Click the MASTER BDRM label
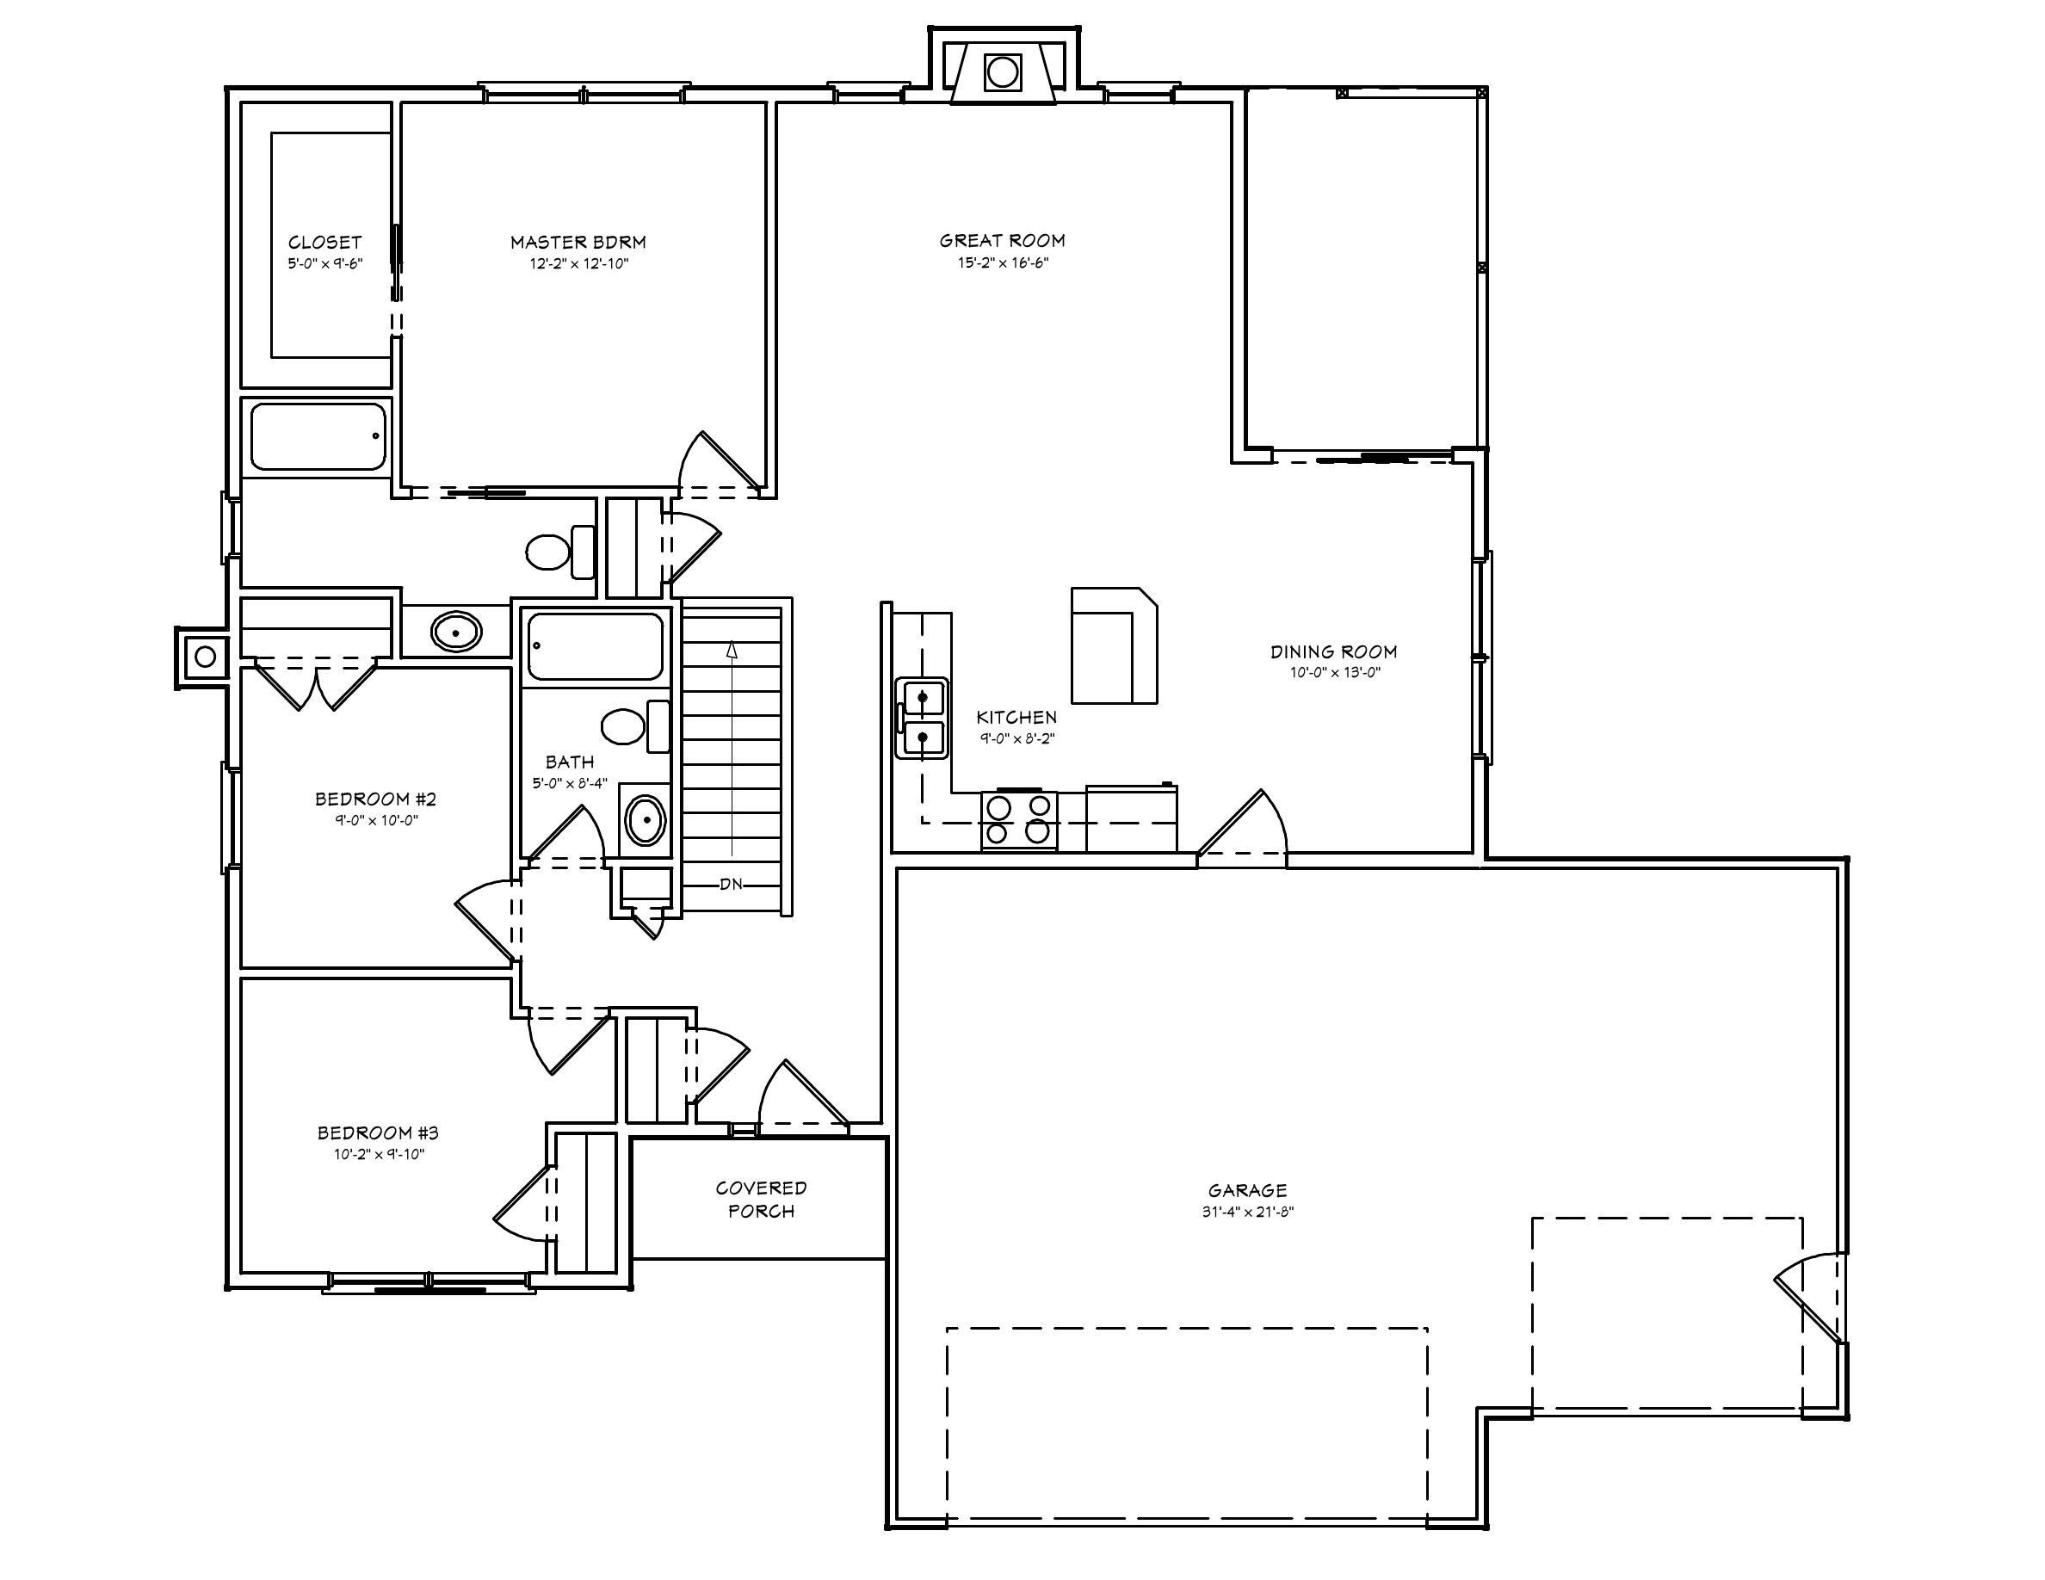[578, 242]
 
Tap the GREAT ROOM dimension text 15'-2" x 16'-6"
[1002, 263]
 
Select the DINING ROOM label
[1333, 651]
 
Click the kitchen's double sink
[923, 718]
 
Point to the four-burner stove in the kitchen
[1019, 820]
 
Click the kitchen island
[1114, 645]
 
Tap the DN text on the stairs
[732, 884]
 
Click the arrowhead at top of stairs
[732, 649]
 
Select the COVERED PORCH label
[760, 1199]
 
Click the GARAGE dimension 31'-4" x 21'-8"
[1247, 1211]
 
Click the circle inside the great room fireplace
[1002, 72]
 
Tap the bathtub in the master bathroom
[318, 436]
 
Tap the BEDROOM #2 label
[375, 799]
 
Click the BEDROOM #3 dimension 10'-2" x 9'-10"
[379, 1154]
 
